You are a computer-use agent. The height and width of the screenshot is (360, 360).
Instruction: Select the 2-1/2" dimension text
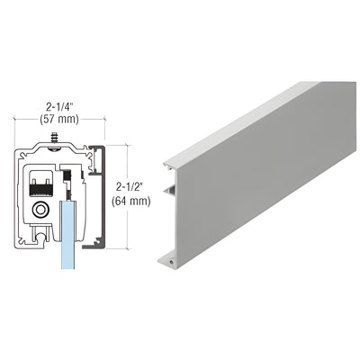point(133,186)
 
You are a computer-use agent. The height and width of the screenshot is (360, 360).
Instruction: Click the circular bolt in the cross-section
point(42,209)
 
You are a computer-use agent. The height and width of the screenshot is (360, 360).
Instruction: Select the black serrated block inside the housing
point(38,185)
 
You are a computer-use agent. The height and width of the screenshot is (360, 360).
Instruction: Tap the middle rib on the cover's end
point(168,192)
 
